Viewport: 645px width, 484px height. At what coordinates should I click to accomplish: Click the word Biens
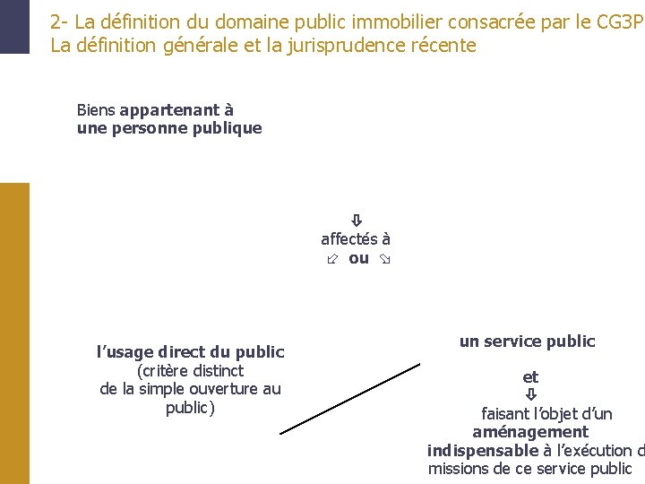(x=96, y=110)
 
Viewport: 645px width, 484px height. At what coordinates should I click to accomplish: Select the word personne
(x=146, y=128)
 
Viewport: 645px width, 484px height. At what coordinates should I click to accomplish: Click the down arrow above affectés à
(x=356, y=220)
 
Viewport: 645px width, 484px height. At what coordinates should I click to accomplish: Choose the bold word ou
(x=358, y=258)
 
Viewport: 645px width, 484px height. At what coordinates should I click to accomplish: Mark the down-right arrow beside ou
(x=386, y=259)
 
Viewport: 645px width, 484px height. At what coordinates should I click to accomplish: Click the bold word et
(x=530, y=377)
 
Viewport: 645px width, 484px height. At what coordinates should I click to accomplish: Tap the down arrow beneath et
(x=530, y=394)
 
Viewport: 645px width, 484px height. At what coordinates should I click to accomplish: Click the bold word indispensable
(x=482, y=450)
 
